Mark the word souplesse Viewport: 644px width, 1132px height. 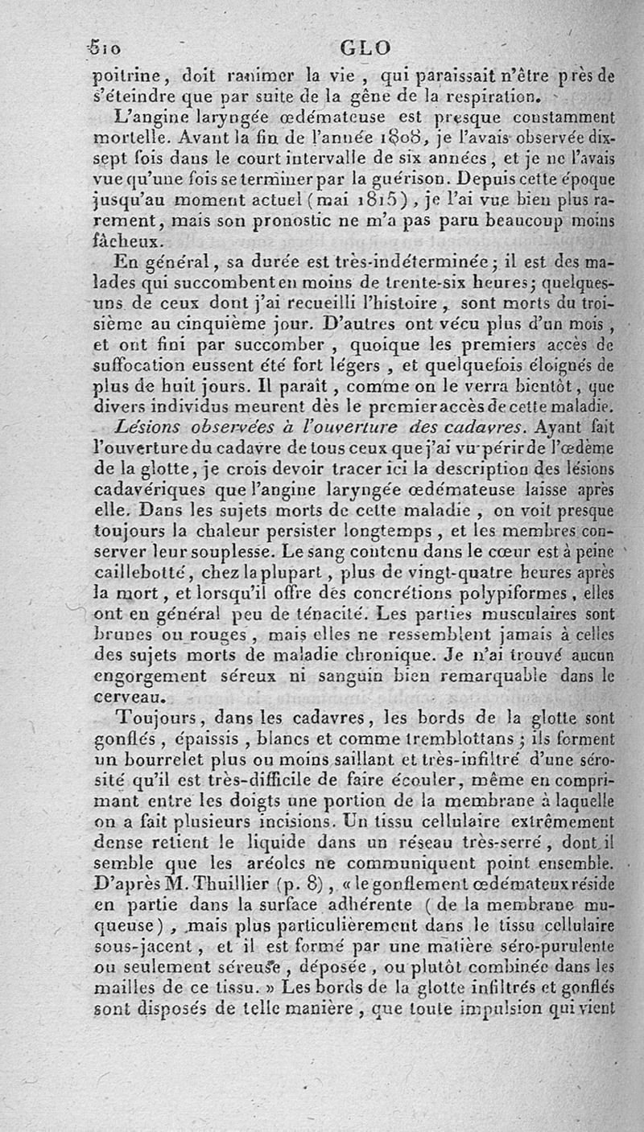point(235,554)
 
